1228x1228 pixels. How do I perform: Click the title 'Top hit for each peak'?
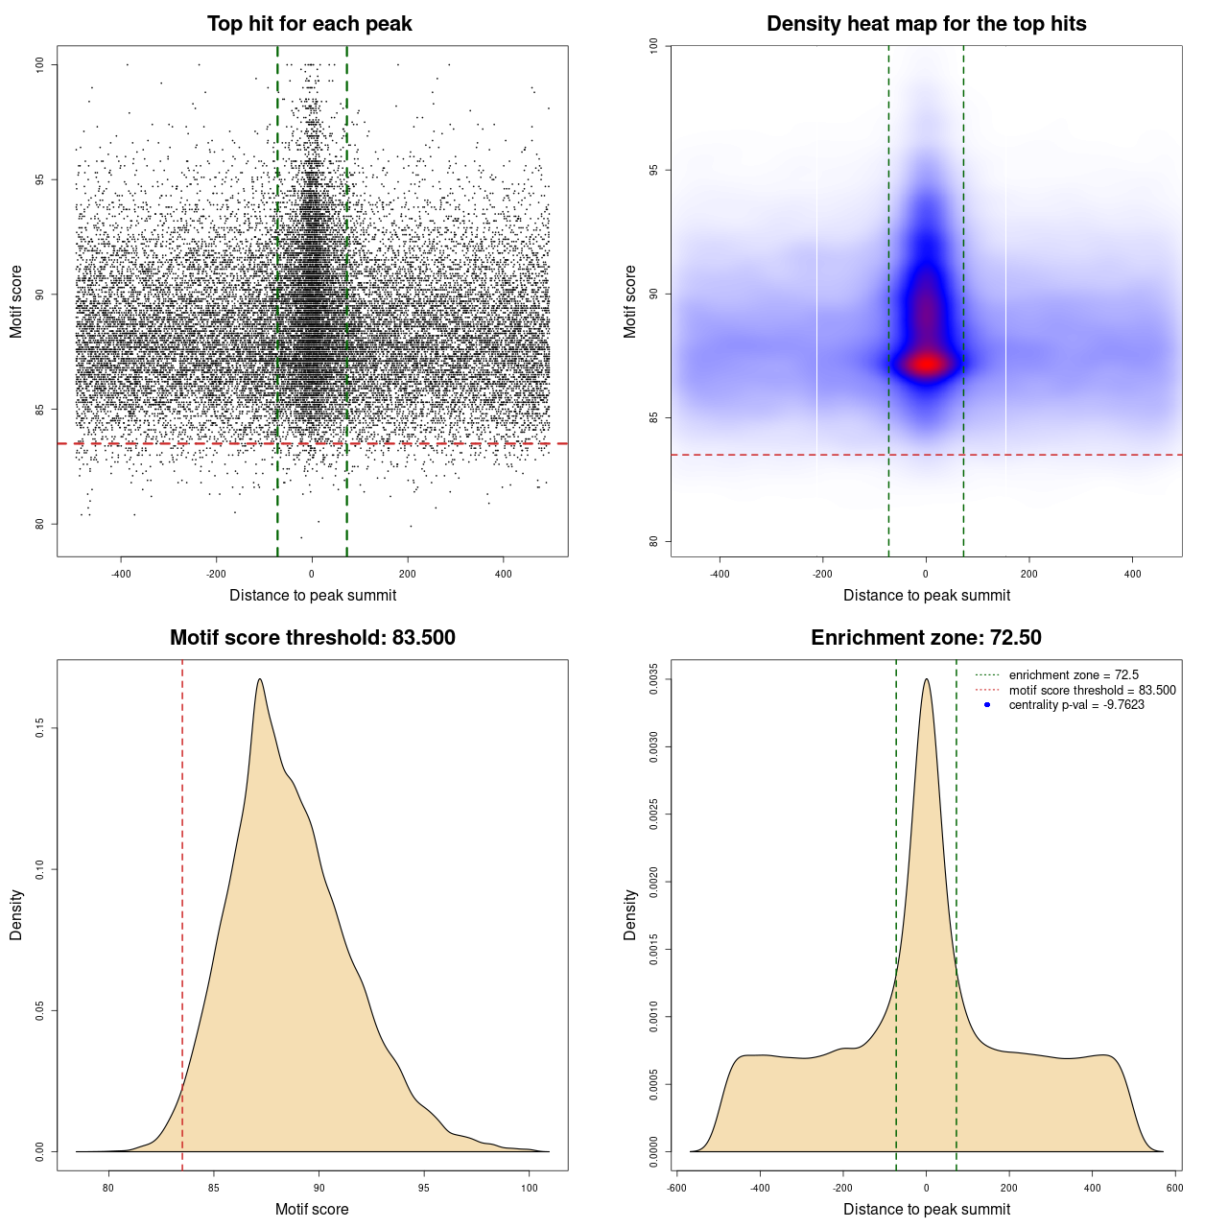(309, 24)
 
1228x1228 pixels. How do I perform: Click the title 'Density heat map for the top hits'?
(926, 24)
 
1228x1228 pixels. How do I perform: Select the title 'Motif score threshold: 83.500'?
(312, 638)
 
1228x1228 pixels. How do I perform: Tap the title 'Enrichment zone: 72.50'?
(926, 638)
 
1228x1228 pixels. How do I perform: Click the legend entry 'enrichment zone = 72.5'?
(1074, 675)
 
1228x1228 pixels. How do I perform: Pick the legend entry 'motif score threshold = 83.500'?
(1092, 690)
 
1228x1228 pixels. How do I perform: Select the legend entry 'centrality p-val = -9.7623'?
(1076, 705)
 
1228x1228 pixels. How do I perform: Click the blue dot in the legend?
(987, 705)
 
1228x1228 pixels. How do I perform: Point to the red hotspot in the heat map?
(926, 364)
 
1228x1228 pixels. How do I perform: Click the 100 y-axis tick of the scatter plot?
(39, 64)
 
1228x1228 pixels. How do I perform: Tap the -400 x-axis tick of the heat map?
(720, 574)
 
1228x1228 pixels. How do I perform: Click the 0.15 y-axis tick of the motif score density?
(39, 729)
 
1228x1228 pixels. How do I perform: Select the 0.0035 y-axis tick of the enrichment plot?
(653, 679)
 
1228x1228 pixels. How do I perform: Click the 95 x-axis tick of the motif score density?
(424, 1188)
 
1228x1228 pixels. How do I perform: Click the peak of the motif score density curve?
(259, 679)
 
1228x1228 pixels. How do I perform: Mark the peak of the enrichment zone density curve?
(926, 679)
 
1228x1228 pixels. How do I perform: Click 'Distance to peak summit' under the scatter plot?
(313, 595)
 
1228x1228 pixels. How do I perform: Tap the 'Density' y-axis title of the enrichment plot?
(630, 914)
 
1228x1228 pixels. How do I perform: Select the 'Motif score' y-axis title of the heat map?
(630, 301)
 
